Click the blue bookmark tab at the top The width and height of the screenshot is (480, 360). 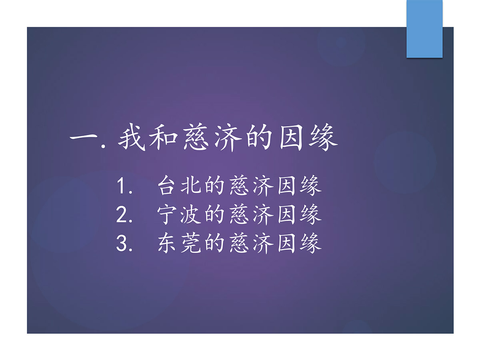coord(424,29)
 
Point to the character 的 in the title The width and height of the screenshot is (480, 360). coord(259,138)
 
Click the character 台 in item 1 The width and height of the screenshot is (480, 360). coord(167,185)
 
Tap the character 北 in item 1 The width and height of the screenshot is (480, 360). coord(191,185)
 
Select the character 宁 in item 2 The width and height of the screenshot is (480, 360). coord(167,214)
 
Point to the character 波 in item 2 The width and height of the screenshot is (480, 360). coord(191,214)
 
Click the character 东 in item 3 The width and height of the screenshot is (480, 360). coord(167,243)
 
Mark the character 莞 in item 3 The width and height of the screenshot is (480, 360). coord(191,243)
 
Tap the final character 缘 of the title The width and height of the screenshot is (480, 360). coord(323,138)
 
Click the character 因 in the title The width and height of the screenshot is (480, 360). coord(291,138)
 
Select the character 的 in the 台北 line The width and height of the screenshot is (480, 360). coord(214,185)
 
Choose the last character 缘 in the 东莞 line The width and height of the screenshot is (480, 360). coord(311,243)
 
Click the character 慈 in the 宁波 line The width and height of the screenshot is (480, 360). coord(239,214)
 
